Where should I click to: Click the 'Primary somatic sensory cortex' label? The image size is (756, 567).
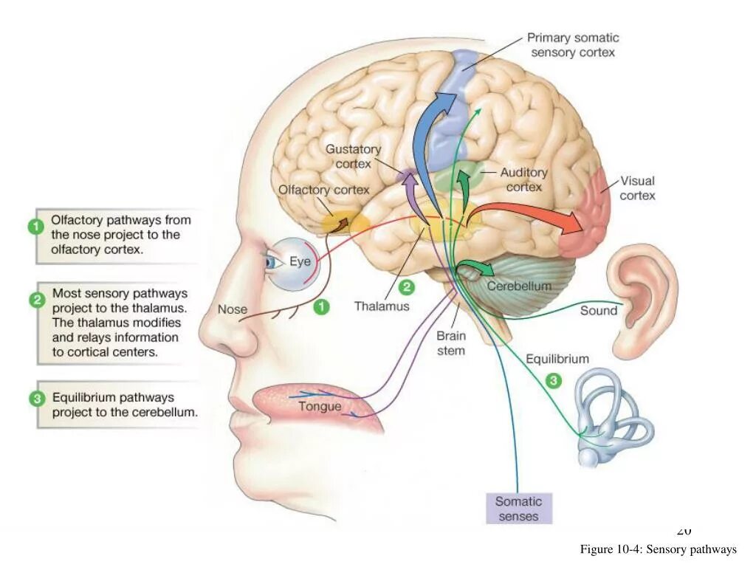tap(572, 45)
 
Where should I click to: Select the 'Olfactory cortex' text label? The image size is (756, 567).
tap(323, 190)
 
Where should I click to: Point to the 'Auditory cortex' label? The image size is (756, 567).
tap(524, 179)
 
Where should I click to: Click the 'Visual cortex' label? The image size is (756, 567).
tap(637, 188)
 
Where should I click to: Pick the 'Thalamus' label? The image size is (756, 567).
tap(381, 306)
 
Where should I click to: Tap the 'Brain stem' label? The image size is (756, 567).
tap(450, 343)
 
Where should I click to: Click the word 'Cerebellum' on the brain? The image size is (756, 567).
tap(518, 286)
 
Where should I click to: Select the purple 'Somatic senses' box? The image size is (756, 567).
tap(518, 509)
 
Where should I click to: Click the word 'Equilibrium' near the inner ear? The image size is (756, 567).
tap(557, 360)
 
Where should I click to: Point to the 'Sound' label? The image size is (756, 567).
tap(598, 311)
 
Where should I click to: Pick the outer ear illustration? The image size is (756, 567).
tap(642, 288)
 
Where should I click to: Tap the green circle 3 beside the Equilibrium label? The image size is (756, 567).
tap(554, 380)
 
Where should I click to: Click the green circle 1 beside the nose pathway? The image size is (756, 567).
tap(320, 306)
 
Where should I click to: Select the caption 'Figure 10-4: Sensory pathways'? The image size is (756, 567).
tap(658, 549)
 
